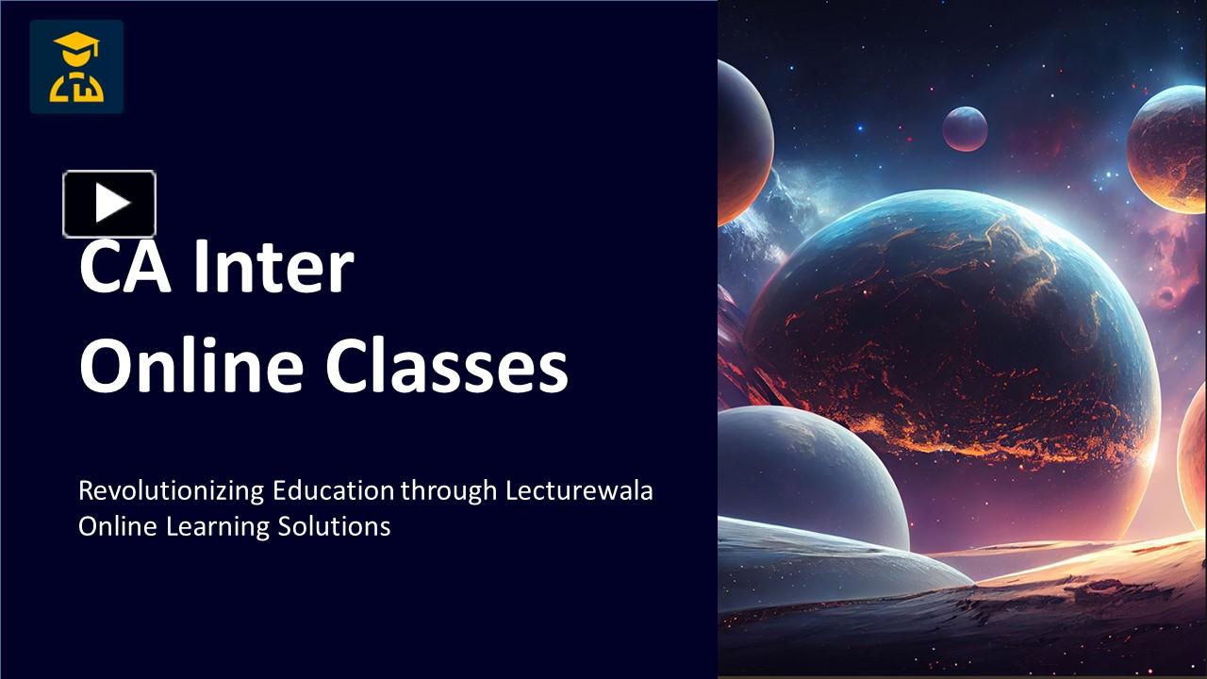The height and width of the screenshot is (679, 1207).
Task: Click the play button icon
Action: point(109,204)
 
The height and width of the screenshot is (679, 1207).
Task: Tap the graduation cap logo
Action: point(76,67)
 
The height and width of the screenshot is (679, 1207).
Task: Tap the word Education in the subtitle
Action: point(333,491)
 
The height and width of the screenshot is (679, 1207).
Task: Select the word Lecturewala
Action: point(579,491)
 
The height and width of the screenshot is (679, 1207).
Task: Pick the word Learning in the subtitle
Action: point(218,526)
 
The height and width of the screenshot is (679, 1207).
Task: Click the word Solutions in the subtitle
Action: point(334,526)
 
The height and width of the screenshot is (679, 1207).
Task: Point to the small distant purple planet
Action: point(965,128)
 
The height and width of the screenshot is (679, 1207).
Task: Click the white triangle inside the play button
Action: point(112,204)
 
